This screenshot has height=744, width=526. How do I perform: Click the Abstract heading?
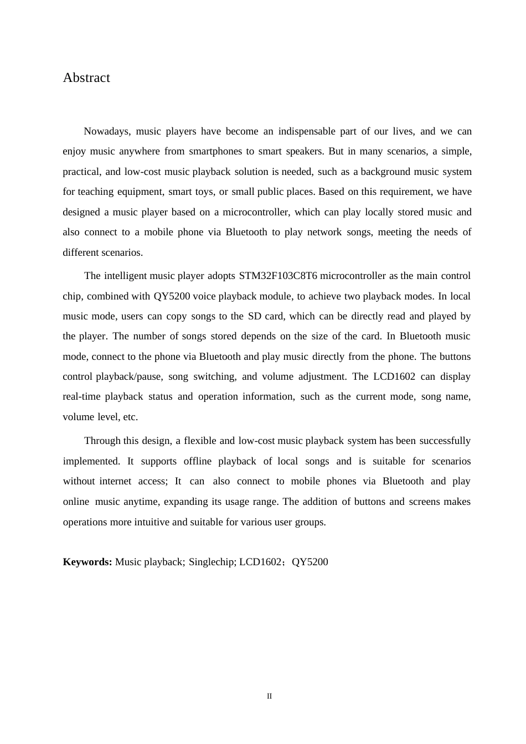point(86,77)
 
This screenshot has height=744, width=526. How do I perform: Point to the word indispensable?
point(306,131)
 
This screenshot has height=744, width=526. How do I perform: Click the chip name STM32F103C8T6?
point(278,276)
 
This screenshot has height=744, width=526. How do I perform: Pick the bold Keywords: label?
point(87,562)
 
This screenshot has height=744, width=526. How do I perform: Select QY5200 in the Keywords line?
point(310,562)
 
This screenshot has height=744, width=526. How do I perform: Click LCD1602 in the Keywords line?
point(260,562)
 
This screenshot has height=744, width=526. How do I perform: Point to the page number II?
point(269,696)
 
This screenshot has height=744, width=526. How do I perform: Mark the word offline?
point(197,461)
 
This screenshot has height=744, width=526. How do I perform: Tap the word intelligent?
point(125,276)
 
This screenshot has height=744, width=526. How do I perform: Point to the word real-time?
point(81,396)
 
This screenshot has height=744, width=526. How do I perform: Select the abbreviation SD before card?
point(254,316)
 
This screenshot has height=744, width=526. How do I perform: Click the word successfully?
point(445,441)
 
